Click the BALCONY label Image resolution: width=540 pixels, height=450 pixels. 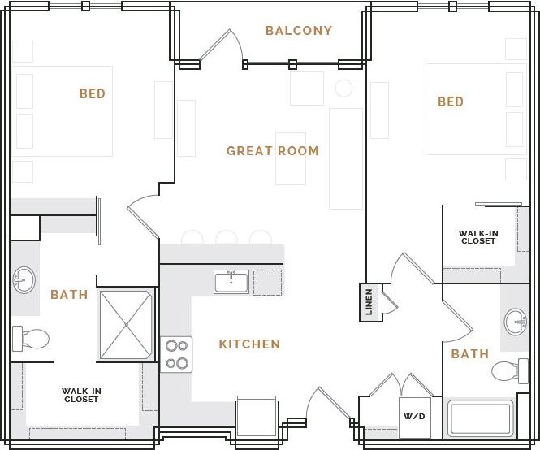[x=299, y=31]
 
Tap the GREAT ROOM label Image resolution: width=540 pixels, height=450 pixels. [x=272, y=151]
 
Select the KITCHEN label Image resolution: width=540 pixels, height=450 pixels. [x=249, y=344]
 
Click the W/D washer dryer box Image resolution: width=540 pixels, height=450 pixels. [x=414, y=418]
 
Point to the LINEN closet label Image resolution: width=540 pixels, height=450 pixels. [x=369, y=301]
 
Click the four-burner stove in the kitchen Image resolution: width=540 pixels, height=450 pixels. [x=176, y=354]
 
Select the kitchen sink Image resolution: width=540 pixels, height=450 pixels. [x=231, y=282]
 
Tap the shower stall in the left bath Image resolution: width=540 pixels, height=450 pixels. [x=126, y=325]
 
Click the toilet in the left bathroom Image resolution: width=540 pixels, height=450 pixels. [x=30, y=338]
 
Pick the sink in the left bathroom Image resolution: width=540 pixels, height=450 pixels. [x=24, y=281]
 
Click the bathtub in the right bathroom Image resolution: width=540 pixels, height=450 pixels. [x=481, y=418]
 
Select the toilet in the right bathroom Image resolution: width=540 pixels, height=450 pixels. [x=510, y=371]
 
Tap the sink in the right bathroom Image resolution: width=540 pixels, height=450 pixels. [x=516, y=322]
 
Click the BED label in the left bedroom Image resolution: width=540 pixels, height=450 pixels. [x=93, y=94]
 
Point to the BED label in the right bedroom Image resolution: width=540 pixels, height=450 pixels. [x=451, y=102]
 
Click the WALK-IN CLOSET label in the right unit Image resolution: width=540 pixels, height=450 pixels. [x=478, y=237]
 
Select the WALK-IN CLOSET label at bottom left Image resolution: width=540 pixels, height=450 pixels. [x=81, y=396]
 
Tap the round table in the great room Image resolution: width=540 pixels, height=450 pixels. [x=344, y=88]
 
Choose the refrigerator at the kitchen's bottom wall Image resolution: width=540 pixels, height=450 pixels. [x=257, y=417]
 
